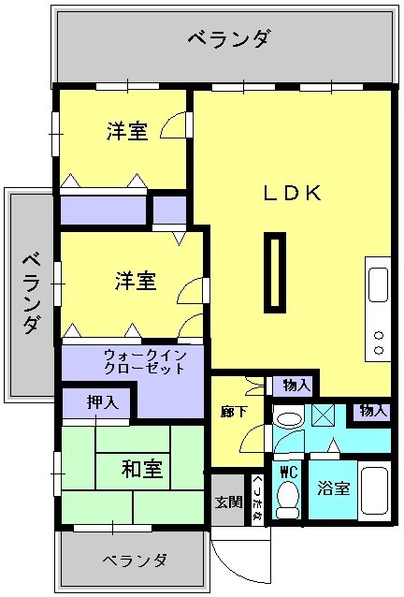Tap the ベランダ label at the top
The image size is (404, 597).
point(229,39)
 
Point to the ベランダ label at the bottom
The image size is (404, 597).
point(135,561)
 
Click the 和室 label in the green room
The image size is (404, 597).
point(140,469)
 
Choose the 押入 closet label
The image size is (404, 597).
point(102,403)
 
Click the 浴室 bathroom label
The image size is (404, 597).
point(332,488)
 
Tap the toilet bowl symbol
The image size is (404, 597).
point(288,498)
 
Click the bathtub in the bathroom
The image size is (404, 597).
point(374,492)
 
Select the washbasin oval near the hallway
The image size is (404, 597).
point(288,418)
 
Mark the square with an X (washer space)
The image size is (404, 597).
point(324,415)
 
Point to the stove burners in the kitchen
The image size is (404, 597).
point(379,342)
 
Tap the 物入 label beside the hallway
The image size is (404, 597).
point(296,385)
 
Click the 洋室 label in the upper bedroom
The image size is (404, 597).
point(127,131)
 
